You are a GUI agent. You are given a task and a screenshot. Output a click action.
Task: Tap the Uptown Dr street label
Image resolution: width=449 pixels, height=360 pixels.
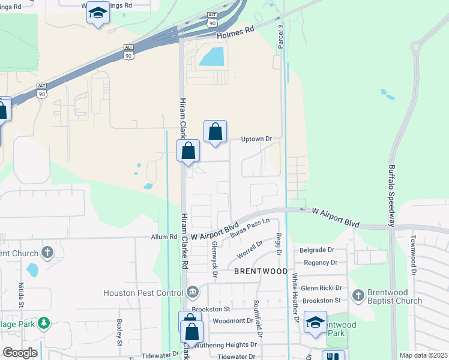[256, 139]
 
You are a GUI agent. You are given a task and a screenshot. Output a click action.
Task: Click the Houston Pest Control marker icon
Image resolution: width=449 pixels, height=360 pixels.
[192, 293]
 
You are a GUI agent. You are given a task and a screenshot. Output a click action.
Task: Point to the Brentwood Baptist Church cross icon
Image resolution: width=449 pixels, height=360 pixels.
[358, 295]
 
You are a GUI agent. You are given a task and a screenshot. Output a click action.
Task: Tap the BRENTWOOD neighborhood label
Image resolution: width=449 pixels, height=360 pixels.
[261, 271]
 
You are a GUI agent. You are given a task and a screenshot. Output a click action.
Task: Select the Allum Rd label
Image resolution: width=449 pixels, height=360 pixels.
[164, 238]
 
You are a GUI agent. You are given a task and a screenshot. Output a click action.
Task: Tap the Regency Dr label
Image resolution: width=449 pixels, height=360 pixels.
[321, 263]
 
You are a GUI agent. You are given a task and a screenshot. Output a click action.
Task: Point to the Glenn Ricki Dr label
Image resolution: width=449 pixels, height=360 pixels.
[321, 288]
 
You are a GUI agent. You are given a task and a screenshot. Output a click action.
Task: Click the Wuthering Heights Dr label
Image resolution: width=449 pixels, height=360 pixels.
[229, 344]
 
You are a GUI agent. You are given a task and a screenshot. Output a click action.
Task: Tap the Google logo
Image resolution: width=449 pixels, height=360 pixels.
[20, 353]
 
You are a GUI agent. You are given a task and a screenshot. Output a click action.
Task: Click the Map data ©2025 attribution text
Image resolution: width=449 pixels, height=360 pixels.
[423, 355]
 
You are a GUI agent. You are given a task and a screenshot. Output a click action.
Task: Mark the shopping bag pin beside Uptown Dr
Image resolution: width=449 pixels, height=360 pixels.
[215, 132]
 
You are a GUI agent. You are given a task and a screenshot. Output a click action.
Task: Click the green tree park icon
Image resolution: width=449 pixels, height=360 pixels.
[43, 324]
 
